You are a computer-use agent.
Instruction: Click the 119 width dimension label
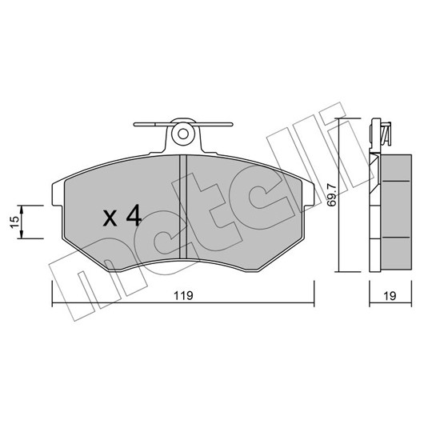click(x=183, y=295)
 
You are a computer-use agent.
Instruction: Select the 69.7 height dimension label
click(x=331, y=195)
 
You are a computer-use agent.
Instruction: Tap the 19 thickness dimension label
click(x=390, y=295)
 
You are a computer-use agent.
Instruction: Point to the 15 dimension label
click(x=15, y=222)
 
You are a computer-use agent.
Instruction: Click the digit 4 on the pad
click(x=134, y=215)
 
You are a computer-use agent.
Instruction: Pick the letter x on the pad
click(x=110, y=218)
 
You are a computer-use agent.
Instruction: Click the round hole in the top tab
click(x=183, y=134)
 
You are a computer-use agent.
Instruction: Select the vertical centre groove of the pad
click(x=183, y=207)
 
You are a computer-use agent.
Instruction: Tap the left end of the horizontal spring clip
click(x=135, y=124)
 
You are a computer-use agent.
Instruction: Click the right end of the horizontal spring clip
click(x=231, y=124)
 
